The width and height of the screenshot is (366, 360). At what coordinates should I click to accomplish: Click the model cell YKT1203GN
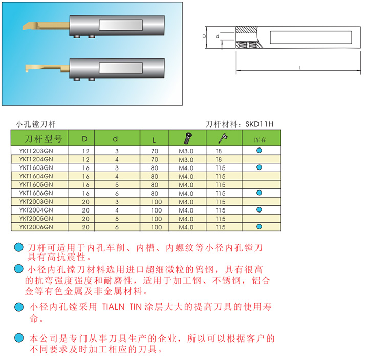(x=36, y=151)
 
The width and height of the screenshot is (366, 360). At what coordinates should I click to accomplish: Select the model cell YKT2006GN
(x=36, y=227)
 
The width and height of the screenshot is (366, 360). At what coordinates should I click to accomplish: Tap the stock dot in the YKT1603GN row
(x=259, y=167)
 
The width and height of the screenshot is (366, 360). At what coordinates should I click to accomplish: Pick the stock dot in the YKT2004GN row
(x=259, y=209)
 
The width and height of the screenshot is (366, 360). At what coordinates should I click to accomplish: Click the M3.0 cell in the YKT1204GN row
(x=186, y=160)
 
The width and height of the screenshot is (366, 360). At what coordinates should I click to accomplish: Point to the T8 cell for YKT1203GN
(x=219, y=151)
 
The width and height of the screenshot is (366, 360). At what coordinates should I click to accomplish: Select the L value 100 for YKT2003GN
(x=157, y=202)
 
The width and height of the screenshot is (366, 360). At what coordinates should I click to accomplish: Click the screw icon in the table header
(x=188, y=138)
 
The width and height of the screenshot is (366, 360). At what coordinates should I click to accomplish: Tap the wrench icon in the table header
(x=223, y=138)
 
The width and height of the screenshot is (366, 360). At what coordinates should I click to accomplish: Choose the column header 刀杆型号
(x=44, y=139)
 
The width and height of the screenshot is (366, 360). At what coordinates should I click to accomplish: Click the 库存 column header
(x=260, y=140)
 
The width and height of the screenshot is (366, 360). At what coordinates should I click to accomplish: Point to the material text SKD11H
(x=259, y=124)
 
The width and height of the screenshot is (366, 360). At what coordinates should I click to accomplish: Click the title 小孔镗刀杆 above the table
(x=36, y=124)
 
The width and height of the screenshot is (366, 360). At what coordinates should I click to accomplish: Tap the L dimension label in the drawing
(x=299, y=68)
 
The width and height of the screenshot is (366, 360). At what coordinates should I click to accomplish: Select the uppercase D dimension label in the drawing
(x=204, y=37)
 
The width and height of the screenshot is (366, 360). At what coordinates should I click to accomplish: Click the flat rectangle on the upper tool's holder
(x=121, y=25)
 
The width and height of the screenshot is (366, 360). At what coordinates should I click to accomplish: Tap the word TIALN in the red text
(x=114, y=307)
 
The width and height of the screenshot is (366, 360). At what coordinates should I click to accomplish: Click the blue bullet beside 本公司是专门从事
(x=18, y=338)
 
